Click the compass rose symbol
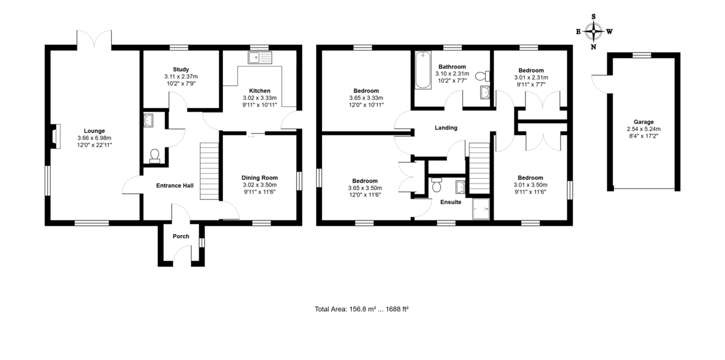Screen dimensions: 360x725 tap(594, 31)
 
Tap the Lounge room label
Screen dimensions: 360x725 tap(94, 130)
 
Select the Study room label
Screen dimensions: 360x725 tap(181, 69)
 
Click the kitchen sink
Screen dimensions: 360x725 tap(260, 57)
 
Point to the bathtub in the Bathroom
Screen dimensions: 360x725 tap(422, 71)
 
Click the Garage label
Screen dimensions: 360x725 tap(643, 121)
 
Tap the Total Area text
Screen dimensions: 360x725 tap(361, 309)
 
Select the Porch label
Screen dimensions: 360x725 tap(181, 236)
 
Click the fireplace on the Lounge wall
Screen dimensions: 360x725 tap(56, 136)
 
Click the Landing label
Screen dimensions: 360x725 tap(446, 127)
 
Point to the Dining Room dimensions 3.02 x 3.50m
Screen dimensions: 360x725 tap(259, 185)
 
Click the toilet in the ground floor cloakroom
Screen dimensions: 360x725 tap(154, 157)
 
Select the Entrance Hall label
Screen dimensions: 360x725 tap(175, 185)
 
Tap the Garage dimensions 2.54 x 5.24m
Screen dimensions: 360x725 tap(643, 129)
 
